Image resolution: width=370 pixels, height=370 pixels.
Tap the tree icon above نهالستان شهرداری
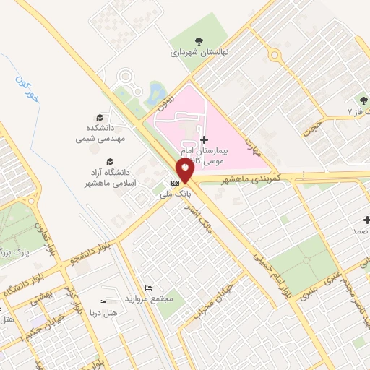[x=199, y=40]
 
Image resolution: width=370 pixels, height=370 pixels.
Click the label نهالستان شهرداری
[x=194, y=53]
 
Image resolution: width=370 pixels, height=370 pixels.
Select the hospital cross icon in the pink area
[x=205, y=139]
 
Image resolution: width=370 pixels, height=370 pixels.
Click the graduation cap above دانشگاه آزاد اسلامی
[x=110, y=161]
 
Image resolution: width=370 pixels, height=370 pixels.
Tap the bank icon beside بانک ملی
[x=175, y=184]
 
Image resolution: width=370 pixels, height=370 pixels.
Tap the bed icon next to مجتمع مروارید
[x=148, y=288]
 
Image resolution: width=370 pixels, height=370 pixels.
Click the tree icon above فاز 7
[x=363, y=100]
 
